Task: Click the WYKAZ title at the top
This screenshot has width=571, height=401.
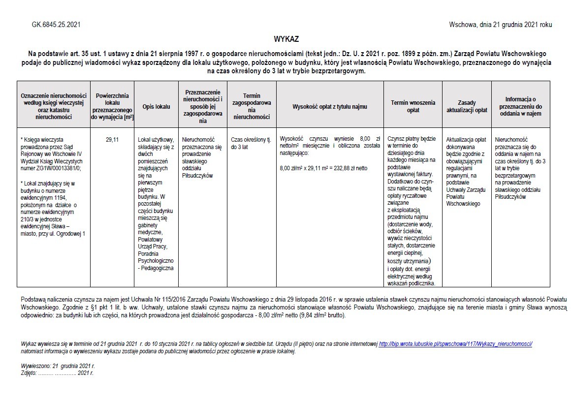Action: pyautogui.click(x=286, y=39)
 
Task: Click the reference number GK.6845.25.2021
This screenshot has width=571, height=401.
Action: pyautogui.click(x=57, y=24)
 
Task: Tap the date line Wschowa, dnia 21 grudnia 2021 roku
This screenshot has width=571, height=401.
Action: pyautogui.click(x=500, y=24)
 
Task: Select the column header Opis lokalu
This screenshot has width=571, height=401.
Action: pyautogui.click(x=156, y=106)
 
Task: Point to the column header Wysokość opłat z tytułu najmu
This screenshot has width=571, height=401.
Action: pyautogui.click(x=330, y=106)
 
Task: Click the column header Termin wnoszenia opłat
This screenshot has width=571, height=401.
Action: pyautogui.click(x=413, y=106)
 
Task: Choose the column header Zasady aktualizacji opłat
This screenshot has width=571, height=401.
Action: pyautogui.click(x=467, y=106)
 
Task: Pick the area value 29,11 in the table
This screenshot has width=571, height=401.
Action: pyautogui.click(x=112, y=140)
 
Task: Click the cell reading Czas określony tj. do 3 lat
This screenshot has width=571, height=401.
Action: pyautogui.click(x=251, y=143)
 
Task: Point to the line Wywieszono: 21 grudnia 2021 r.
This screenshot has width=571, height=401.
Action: pyautogui.click(x=58, y=366)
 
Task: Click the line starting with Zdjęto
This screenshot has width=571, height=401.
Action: pyautogui.click(x=57, y=373)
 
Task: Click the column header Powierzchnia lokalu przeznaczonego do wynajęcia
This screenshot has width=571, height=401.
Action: pyautogui.click(x=112, y=106)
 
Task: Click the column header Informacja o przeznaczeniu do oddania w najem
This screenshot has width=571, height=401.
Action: pyautogui.click(x=520, y=106)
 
